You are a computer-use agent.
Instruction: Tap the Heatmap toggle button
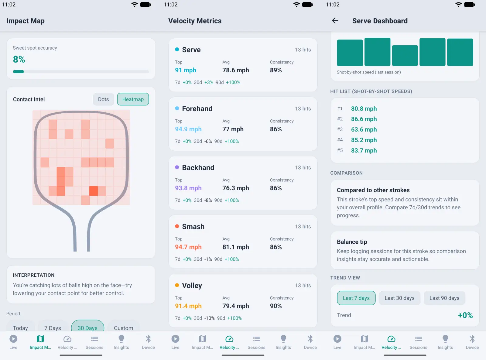pos(133,99)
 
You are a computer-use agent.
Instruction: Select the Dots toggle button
pos(103,99)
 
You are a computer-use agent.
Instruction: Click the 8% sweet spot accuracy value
pos(19,59)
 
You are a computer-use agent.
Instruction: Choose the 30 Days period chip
pos(87,327)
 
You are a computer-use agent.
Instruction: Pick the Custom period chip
pos(123,328)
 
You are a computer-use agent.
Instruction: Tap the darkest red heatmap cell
pos(94,191)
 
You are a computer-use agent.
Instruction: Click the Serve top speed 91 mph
pos(185,70)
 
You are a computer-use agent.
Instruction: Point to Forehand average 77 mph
pos(233,129)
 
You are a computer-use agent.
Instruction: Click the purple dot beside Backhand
pos(177,167)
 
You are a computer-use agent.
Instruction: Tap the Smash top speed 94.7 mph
pos(188,247)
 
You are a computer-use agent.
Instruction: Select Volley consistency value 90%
pos(276,306)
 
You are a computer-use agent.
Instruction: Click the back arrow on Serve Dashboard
pos(335,21)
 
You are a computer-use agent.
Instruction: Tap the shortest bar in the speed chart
pos(405,55)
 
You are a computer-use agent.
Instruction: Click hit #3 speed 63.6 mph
pos(364,129)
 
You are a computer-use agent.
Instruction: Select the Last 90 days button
pos(444,298)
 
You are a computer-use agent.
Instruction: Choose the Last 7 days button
pos(356,298)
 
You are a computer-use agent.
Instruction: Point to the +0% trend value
pos(465,315)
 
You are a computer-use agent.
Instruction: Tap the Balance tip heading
pos(352,242)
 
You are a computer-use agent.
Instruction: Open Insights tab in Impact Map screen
pos(121,342)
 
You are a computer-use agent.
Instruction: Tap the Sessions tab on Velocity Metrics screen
pos(256,342)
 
